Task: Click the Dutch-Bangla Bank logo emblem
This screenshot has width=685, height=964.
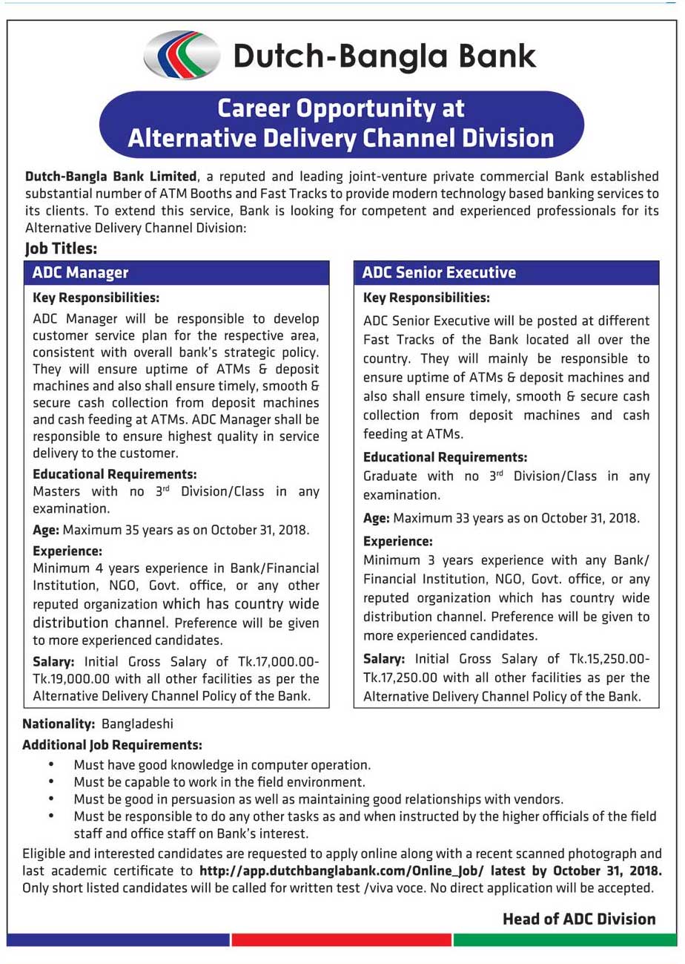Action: [x=182, y=56]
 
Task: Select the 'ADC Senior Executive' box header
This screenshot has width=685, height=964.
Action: [x=439, y=272]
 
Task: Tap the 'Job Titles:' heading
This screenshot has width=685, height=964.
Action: [x=61, y=249]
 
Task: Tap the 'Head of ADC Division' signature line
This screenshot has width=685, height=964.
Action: [x=579, y=919]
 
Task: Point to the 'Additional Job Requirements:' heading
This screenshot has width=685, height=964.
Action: [x=112, y=744]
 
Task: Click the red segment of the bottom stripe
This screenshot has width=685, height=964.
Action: [x=342, y=940]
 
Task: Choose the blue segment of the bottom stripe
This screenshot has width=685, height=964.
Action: [x=119, y=940]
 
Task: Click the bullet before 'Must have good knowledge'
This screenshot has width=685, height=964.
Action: [x=51, y=764]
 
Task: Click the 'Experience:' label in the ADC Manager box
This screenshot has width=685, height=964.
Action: [x=67, y=551]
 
